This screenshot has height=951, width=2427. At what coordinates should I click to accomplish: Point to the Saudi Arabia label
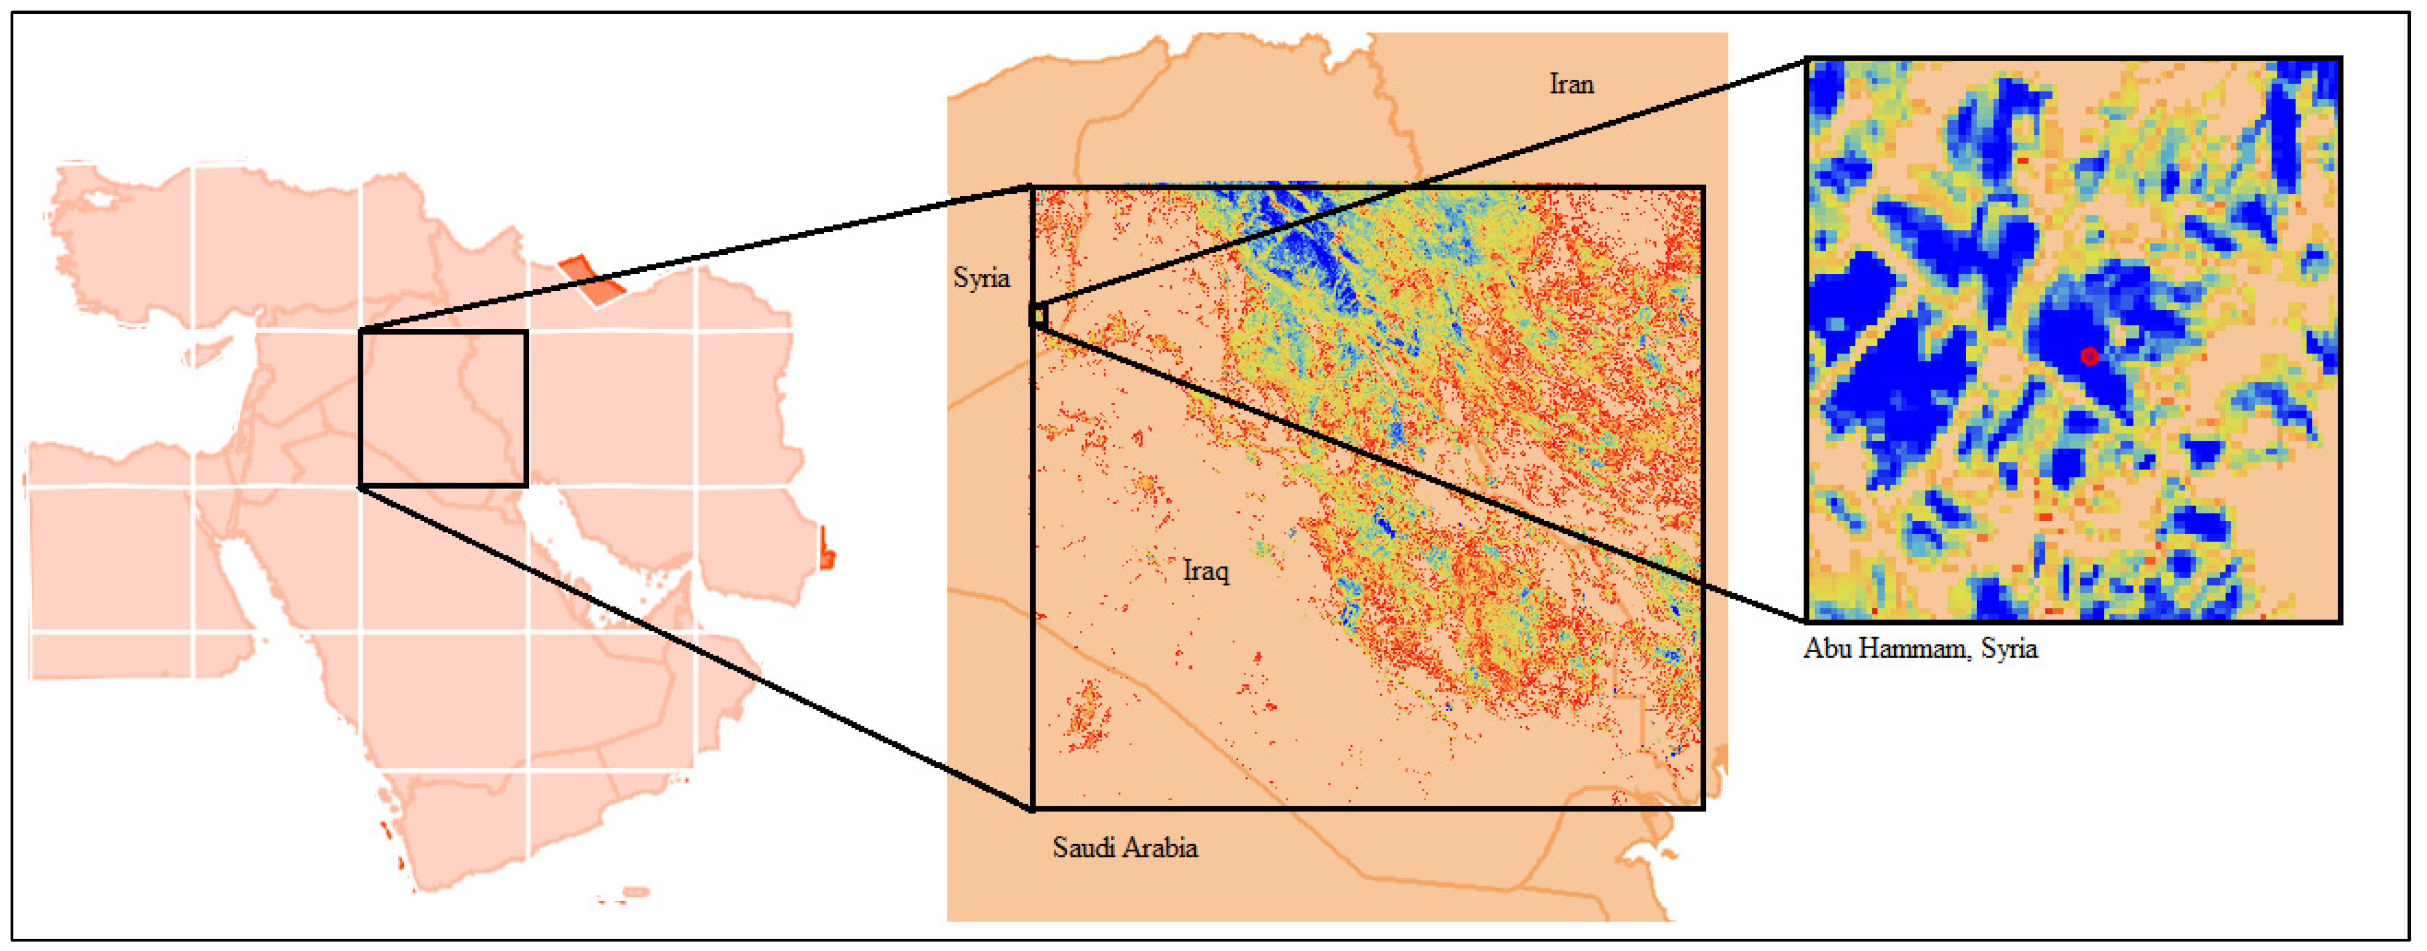(1125, 847)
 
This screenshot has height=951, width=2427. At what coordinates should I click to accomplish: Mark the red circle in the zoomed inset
(2089, 356)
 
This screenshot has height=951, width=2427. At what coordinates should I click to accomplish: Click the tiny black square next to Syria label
(1038, 316)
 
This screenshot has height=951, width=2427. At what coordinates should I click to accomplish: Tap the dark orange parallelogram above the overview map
(591, 281)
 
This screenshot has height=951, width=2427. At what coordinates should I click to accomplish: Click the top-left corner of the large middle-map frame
(1032, 188)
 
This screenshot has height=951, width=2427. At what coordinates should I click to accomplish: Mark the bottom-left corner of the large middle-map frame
(1032, 808)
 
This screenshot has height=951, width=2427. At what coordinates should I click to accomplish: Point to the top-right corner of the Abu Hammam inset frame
(2340, 58)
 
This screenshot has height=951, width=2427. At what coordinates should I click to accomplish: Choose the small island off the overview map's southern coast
(636, 891)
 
